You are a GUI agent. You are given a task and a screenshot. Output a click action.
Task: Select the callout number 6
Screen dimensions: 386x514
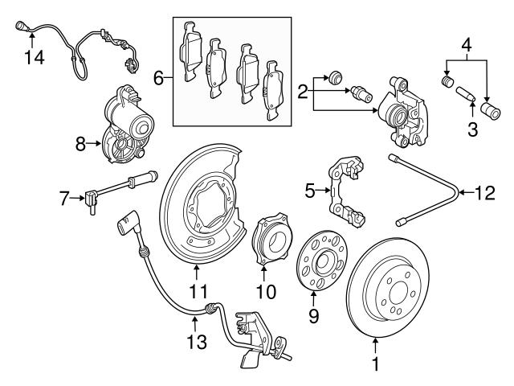click(158, 78)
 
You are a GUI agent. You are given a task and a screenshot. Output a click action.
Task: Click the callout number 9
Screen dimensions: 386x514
click(314, 316)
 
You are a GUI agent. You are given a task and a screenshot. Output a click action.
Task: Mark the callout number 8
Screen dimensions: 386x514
click(80, 144)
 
